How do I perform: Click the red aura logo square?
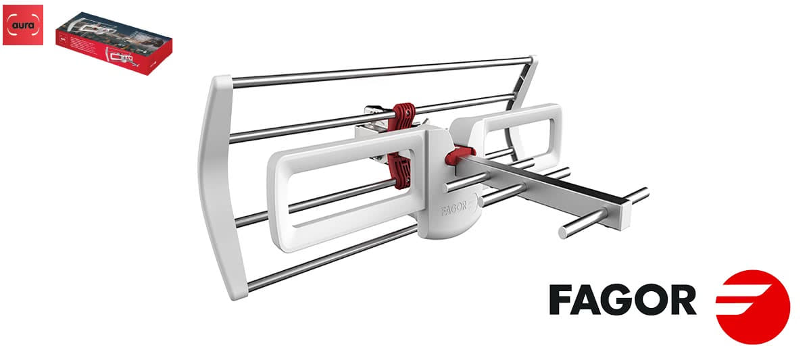pos(23,25)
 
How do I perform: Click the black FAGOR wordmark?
pos(622,299)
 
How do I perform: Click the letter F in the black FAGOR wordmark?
pos(562,299)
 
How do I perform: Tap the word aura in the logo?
pos(23,26)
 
